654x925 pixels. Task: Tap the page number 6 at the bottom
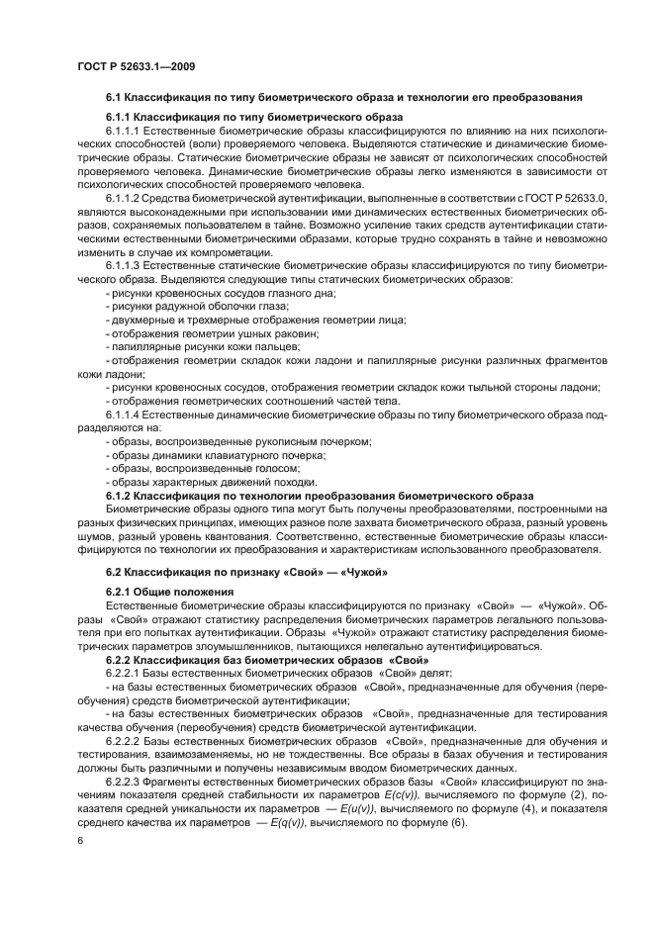(80, 840)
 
